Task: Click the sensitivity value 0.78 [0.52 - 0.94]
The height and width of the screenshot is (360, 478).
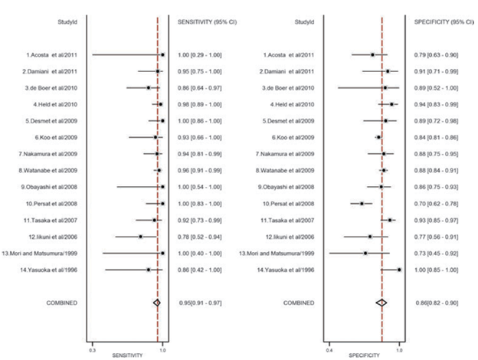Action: tap(199, 237)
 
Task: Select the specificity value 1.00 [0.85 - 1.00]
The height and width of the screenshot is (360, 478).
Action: tap(437, 270)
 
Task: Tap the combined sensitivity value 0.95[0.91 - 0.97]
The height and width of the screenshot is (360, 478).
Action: tap(199, 303)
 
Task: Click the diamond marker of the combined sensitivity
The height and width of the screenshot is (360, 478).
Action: tap(157, 303)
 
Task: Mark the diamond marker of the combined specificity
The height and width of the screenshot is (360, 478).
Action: tap(381, 303)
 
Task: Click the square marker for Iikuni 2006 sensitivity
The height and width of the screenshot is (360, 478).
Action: tap(141, 237)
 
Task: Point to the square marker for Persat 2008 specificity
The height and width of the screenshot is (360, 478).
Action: tap(362, 204)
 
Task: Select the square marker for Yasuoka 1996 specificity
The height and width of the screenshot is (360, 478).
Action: tap(399, 270)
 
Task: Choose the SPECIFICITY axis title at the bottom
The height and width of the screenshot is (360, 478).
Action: tap(365, 355)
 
